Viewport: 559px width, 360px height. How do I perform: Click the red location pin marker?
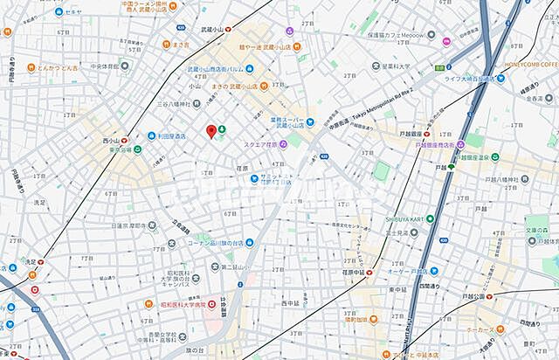(x=210, y=131)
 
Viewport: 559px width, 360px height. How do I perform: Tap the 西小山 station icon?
(x=125, y=140)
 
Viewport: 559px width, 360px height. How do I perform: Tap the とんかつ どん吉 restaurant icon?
(x=8, y=66)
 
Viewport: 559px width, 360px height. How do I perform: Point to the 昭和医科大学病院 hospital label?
(x=181, y=304)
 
